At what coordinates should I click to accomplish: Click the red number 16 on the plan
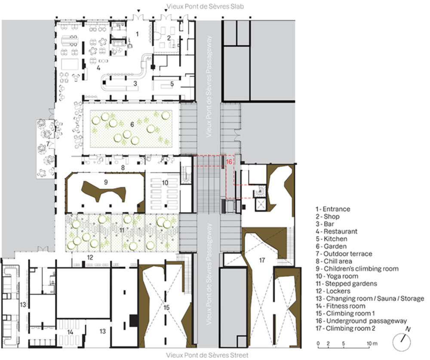229,162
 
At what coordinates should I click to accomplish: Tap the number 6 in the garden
132,125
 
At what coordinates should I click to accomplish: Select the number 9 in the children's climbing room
106,182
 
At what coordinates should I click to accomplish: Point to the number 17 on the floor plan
262,260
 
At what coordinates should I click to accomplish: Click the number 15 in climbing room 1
166,308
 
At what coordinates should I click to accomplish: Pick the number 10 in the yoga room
165,183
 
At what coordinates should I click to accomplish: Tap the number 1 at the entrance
138,34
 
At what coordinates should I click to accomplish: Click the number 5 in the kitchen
172,84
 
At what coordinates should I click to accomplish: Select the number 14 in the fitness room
71,332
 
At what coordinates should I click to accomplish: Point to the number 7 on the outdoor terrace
48,144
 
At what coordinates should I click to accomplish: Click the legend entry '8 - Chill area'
334,261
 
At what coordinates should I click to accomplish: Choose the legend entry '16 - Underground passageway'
361,321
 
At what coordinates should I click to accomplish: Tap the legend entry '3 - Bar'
325,224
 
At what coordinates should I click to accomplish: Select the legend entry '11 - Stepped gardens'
346,283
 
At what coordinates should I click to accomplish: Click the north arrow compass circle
402,342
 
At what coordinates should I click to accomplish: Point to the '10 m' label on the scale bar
372,343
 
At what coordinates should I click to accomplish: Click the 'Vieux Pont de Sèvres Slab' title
206,6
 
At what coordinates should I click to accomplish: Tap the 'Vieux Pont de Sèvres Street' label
207,355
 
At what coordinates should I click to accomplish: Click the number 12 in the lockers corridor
90,257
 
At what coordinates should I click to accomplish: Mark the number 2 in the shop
169,38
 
